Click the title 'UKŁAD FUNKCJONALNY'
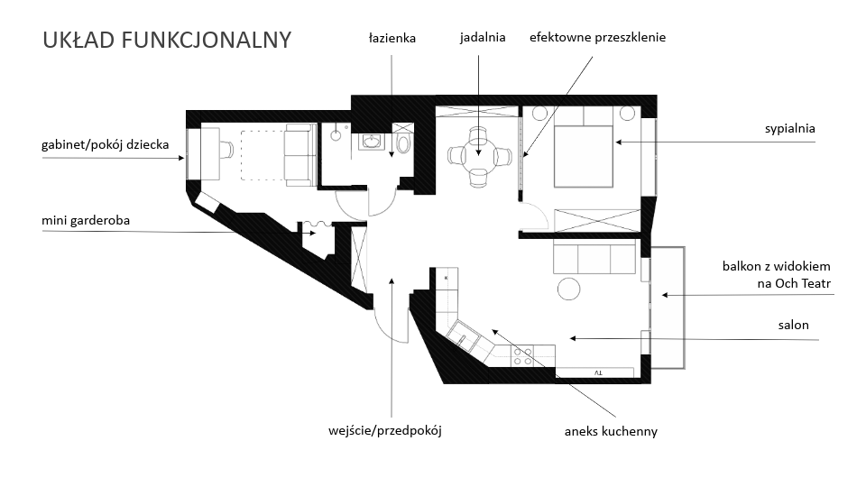167,40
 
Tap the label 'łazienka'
392,38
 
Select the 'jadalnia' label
483,38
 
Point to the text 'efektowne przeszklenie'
597,38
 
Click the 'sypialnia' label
790,129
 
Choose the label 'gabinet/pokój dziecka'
105,144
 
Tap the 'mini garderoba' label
86,220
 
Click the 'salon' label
793,325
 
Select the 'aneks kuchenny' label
611,431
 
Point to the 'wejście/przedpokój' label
385,431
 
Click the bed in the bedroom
584,156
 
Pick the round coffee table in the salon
568,289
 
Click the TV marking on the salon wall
598,373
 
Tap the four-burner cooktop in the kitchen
523,357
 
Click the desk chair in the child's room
226,149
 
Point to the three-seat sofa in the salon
594,257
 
